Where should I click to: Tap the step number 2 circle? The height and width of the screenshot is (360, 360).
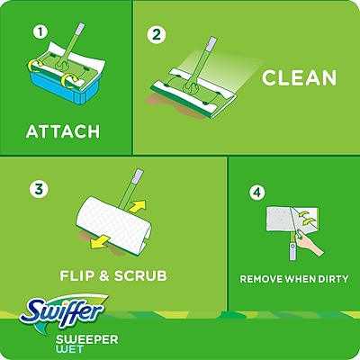158,36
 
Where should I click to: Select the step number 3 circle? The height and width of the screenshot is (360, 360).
39,189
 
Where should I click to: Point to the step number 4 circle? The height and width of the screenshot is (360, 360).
258,193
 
